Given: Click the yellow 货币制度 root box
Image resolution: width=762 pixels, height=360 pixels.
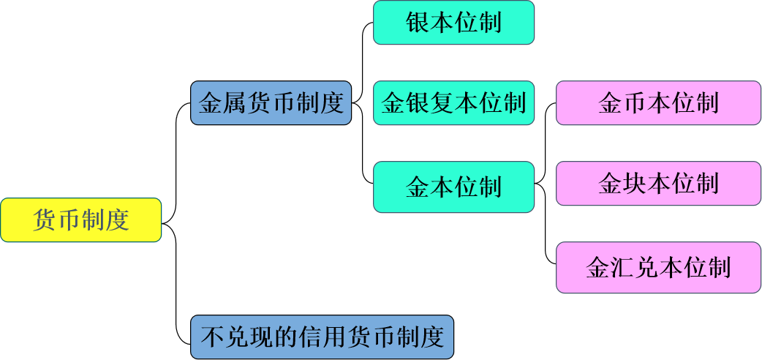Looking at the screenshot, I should [x=80, y=220].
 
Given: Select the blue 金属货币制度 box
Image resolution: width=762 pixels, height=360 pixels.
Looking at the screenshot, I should [x=271, y=102].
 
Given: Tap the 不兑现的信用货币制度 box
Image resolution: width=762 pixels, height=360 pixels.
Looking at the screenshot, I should [x=322, y=337].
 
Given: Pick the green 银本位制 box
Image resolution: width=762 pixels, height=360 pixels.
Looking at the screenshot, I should [x=453, y=22].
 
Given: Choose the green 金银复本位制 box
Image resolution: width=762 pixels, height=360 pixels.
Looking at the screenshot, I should [x=453, y=102].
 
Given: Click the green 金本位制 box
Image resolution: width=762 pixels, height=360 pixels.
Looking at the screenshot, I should [x=453, y=187].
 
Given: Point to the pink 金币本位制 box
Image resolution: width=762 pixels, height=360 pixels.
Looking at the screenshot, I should [x=658, y=102].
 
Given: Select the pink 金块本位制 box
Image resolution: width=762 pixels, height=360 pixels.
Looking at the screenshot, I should [x=658, y=183].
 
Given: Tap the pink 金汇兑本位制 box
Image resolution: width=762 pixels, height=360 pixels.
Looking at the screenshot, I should [x=658, y=267].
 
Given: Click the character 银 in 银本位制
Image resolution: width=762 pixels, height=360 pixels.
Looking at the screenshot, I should [x=418, y=22].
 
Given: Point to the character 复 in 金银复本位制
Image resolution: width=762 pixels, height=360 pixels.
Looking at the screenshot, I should [x=454, y=102].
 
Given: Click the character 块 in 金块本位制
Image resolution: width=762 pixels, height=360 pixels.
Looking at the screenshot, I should [x=635, y=183].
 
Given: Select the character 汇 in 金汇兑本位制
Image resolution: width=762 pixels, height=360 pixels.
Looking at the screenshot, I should [x=622, y=267].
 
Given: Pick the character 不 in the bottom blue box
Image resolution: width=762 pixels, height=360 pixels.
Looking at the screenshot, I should [x=212, y=337].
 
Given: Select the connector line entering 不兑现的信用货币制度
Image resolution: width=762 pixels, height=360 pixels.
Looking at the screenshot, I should [x=177, y=307].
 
